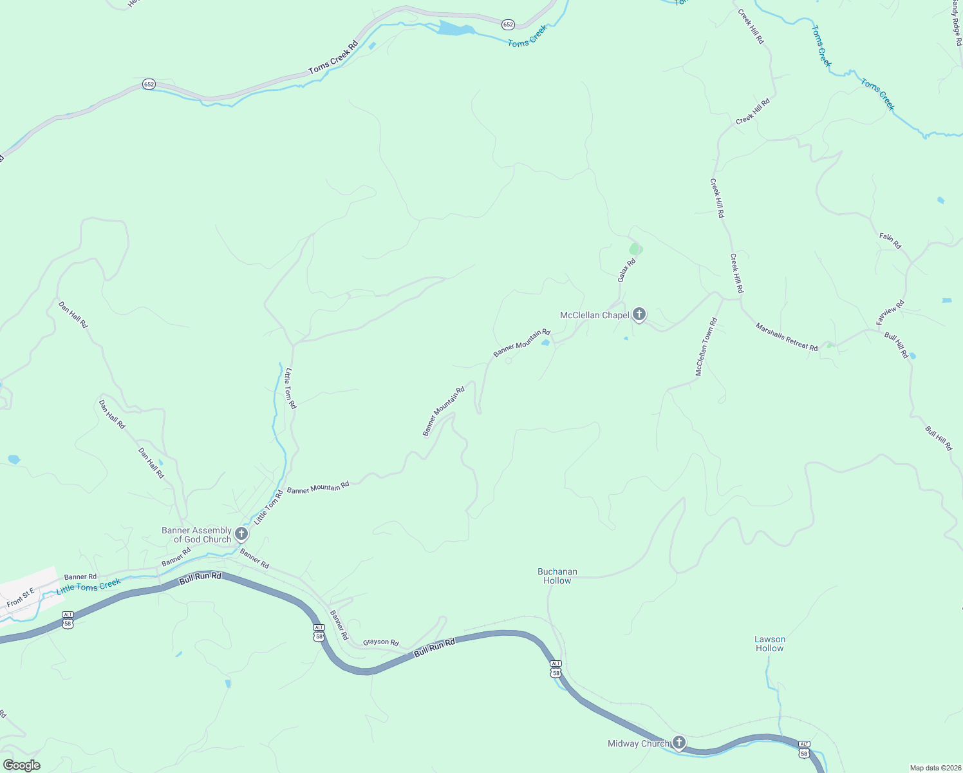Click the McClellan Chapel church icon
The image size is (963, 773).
[639, 314]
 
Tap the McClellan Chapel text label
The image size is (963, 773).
[594, 315]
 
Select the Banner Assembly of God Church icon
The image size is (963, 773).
[241, 533]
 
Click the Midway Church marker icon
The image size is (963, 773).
[678, 742]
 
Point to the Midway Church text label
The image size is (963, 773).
[638, 743]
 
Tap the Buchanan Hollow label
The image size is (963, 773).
[557, 576]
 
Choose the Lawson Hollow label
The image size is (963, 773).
[770, 644]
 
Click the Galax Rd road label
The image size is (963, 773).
[626, 270]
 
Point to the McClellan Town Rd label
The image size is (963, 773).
[706, 347]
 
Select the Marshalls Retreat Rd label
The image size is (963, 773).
[787, 337]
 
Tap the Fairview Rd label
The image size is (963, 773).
[890, 312]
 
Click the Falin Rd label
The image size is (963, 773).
[890, 240]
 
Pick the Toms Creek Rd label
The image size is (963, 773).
[333, 58]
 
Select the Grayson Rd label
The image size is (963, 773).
[381, 642]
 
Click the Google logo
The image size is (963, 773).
[22, 765]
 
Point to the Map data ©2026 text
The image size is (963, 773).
[934, 768]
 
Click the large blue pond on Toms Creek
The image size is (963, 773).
[456, 29]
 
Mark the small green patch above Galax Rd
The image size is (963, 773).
[635, 249]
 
